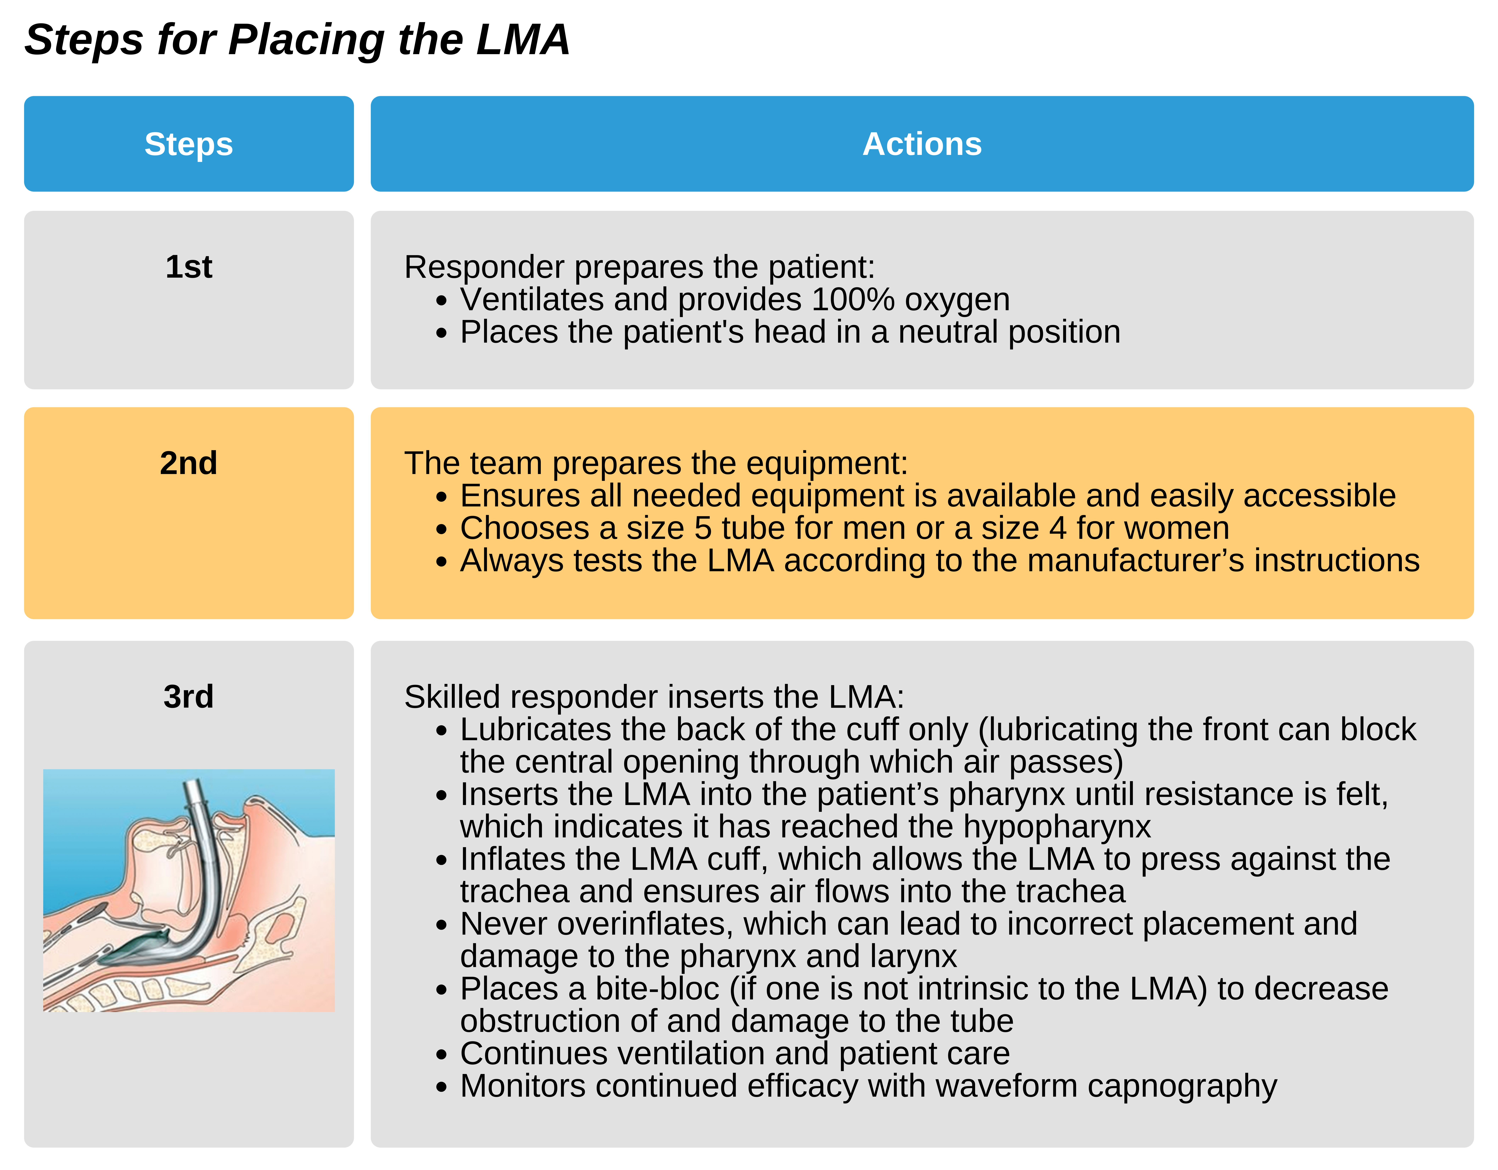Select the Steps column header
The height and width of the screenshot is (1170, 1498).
189,144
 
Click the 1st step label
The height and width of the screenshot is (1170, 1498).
189,267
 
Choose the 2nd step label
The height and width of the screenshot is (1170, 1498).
189,463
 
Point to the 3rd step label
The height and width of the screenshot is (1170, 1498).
189,697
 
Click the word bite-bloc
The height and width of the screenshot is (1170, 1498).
657,989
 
